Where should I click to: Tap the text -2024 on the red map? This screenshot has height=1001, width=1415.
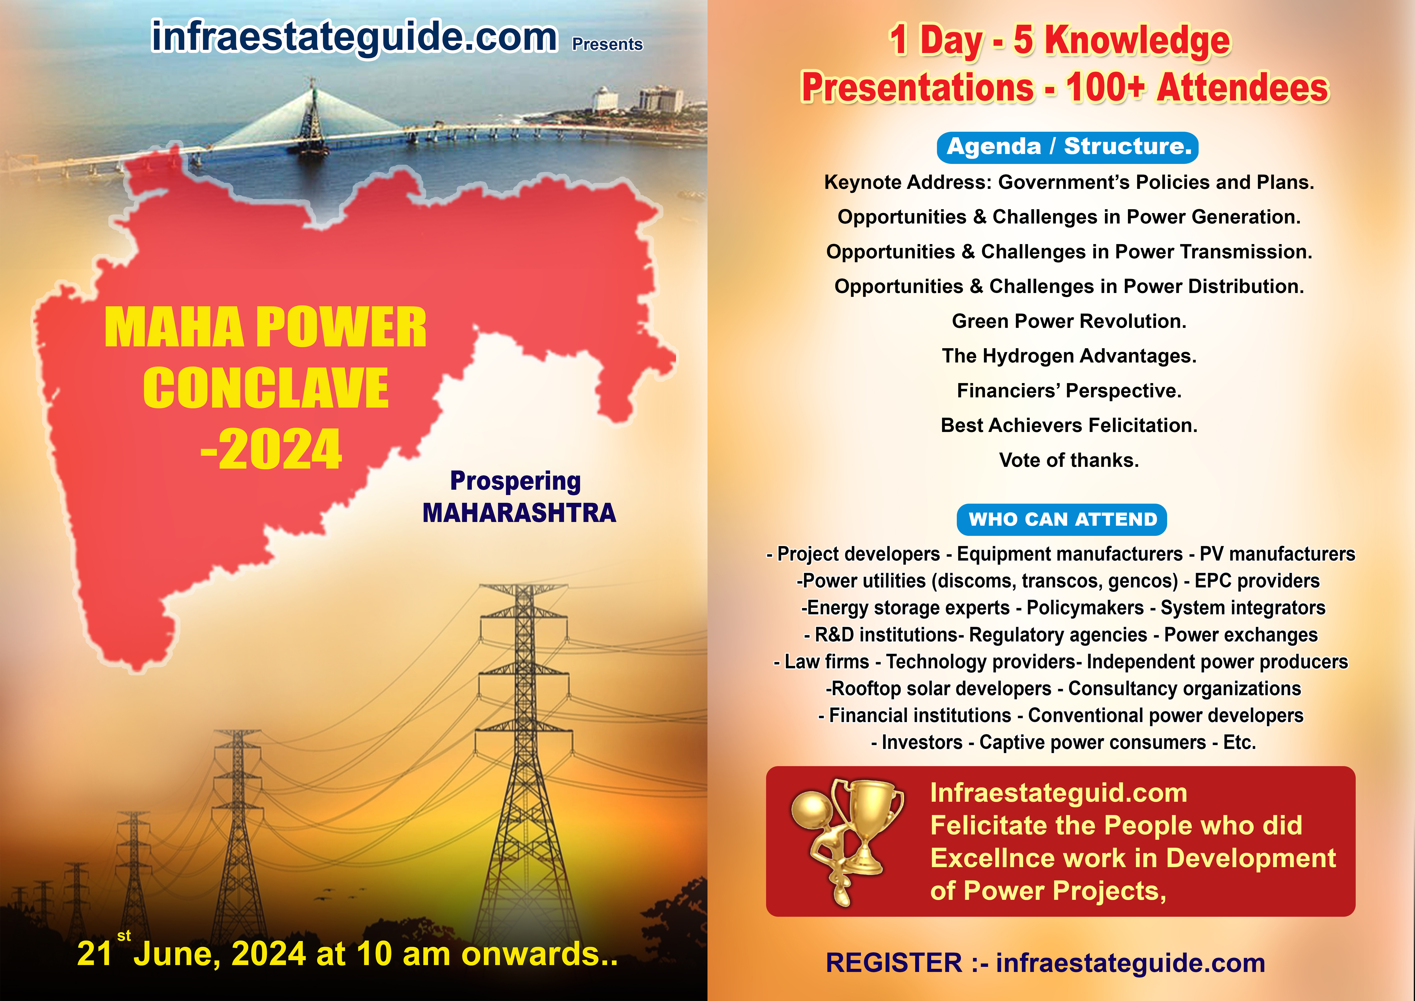pos(271,449)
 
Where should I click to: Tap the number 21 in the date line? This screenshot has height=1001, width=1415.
pos(94,954)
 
